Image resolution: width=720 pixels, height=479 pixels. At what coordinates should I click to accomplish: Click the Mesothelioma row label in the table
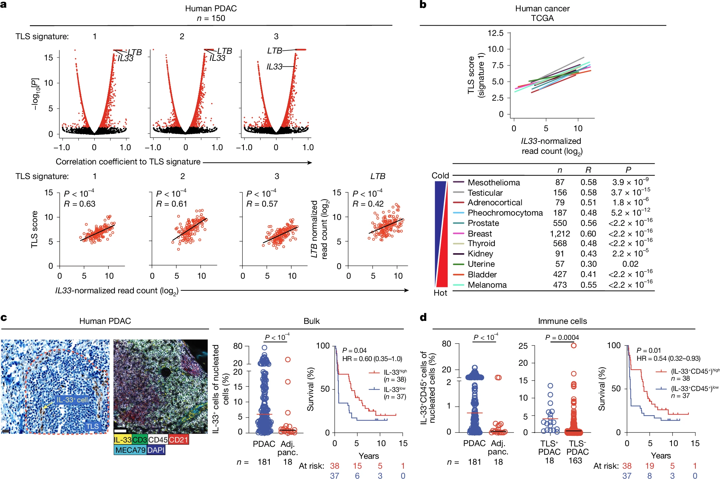(x=494, y=182)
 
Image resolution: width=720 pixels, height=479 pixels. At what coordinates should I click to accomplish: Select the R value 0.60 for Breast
(x=588, y=234)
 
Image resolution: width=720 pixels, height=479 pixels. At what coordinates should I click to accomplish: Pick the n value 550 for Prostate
(x=560, y=223)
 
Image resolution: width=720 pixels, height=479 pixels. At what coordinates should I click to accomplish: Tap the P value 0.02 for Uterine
(x=630, y=264)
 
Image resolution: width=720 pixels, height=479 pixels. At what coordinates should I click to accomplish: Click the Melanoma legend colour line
(x=458, y=285)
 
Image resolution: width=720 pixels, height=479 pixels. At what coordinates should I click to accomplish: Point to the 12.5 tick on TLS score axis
(x=495, y=33)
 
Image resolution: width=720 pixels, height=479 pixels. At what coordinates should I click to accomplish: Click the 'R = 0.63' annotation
(x=80, y=204)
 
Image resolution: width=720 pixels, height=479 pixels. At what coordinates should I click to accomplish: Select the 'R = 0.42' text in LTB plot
(x=368, y=204)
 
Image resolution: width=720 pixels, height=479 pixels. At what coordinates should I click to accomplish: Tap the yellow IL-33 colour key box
(x=123, y=440)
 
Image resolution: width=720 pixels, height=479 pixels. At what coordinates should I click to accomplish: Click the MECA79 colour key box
(x=130, y=450)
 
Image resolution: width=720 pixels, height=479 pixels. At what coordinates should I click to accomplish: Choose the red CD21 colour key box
(x=179, y=440)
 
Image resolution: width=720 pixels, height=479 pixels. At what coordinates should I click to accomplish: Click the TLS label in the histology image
(x=93, y=426)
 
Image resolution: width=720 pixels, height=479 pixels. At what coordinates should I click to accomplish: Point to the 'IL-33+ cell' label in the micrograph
(x=72, y=400)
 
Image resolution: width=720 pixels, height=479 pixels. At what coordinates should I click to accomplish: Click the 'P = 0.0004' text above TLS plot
(x=562, y=337)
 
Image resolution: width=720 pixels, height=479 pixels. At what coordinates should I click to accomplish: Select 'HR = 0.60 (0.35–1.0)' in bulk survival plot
(x=372, y=359)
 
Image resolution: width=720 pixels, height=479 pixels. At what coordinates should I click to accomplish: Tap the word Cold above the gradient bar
(x=440, y=175)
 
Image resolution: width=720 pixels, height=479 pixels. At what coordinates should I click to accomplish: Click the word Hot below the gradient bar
(x=440, y=293)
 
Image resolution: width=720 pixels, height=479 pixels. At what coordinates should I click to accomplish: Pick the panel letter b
(x=423, y=5)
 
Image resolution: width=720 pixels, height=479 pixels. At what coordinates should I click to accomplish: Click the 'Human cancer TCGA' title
(x=542, y=13)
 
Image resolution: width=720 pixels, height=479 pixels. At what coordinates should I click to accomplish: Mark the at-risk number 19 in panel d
(x=649, y=466)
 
